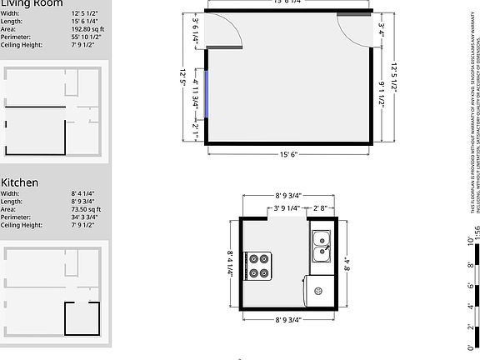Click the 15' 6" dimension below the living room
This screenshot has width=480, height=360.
(x=287, y=155)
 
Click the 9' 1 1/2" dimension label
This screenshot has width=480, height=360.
(x=381, y=98)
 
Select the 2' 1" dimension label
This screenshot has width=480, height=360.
(x=196, y=129)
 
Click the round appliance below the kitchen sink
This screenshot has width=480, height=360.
(x=317, y=290)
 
